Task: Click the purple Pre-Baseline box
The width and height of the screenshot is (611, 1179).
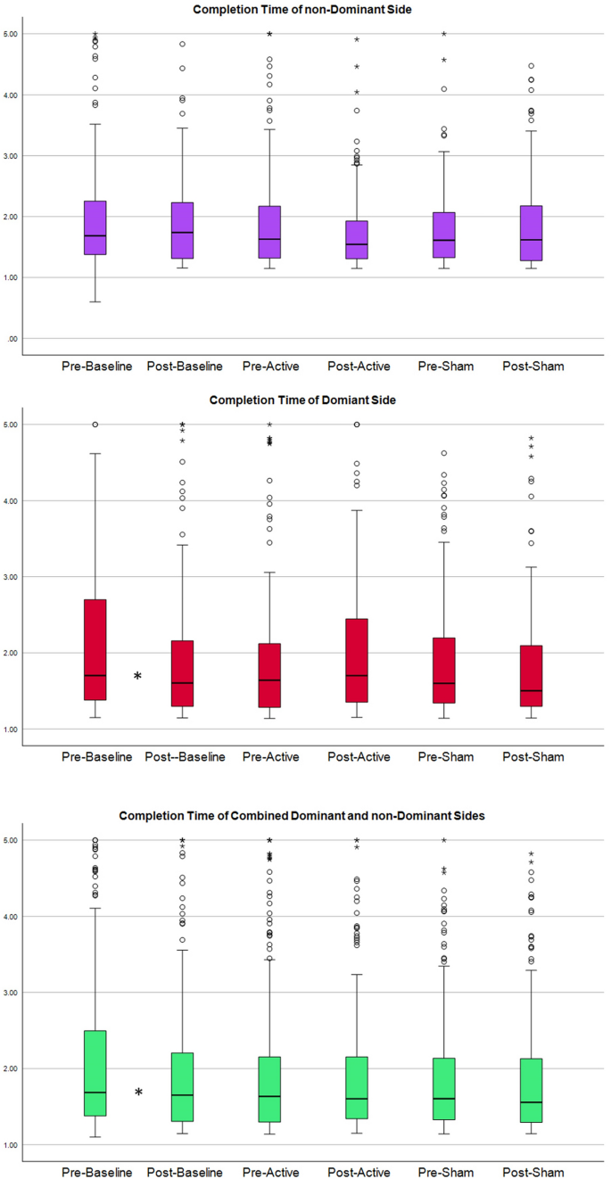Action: pyautogui.click(x=95, y=227)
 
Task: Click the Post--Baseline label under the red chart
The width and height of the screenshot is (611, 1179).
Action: pyautogui.click(x=182, y=757)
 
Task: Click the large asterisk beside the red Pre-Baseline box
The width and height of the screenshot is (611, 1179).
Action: pyautogui.click(x=137, y=678)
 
